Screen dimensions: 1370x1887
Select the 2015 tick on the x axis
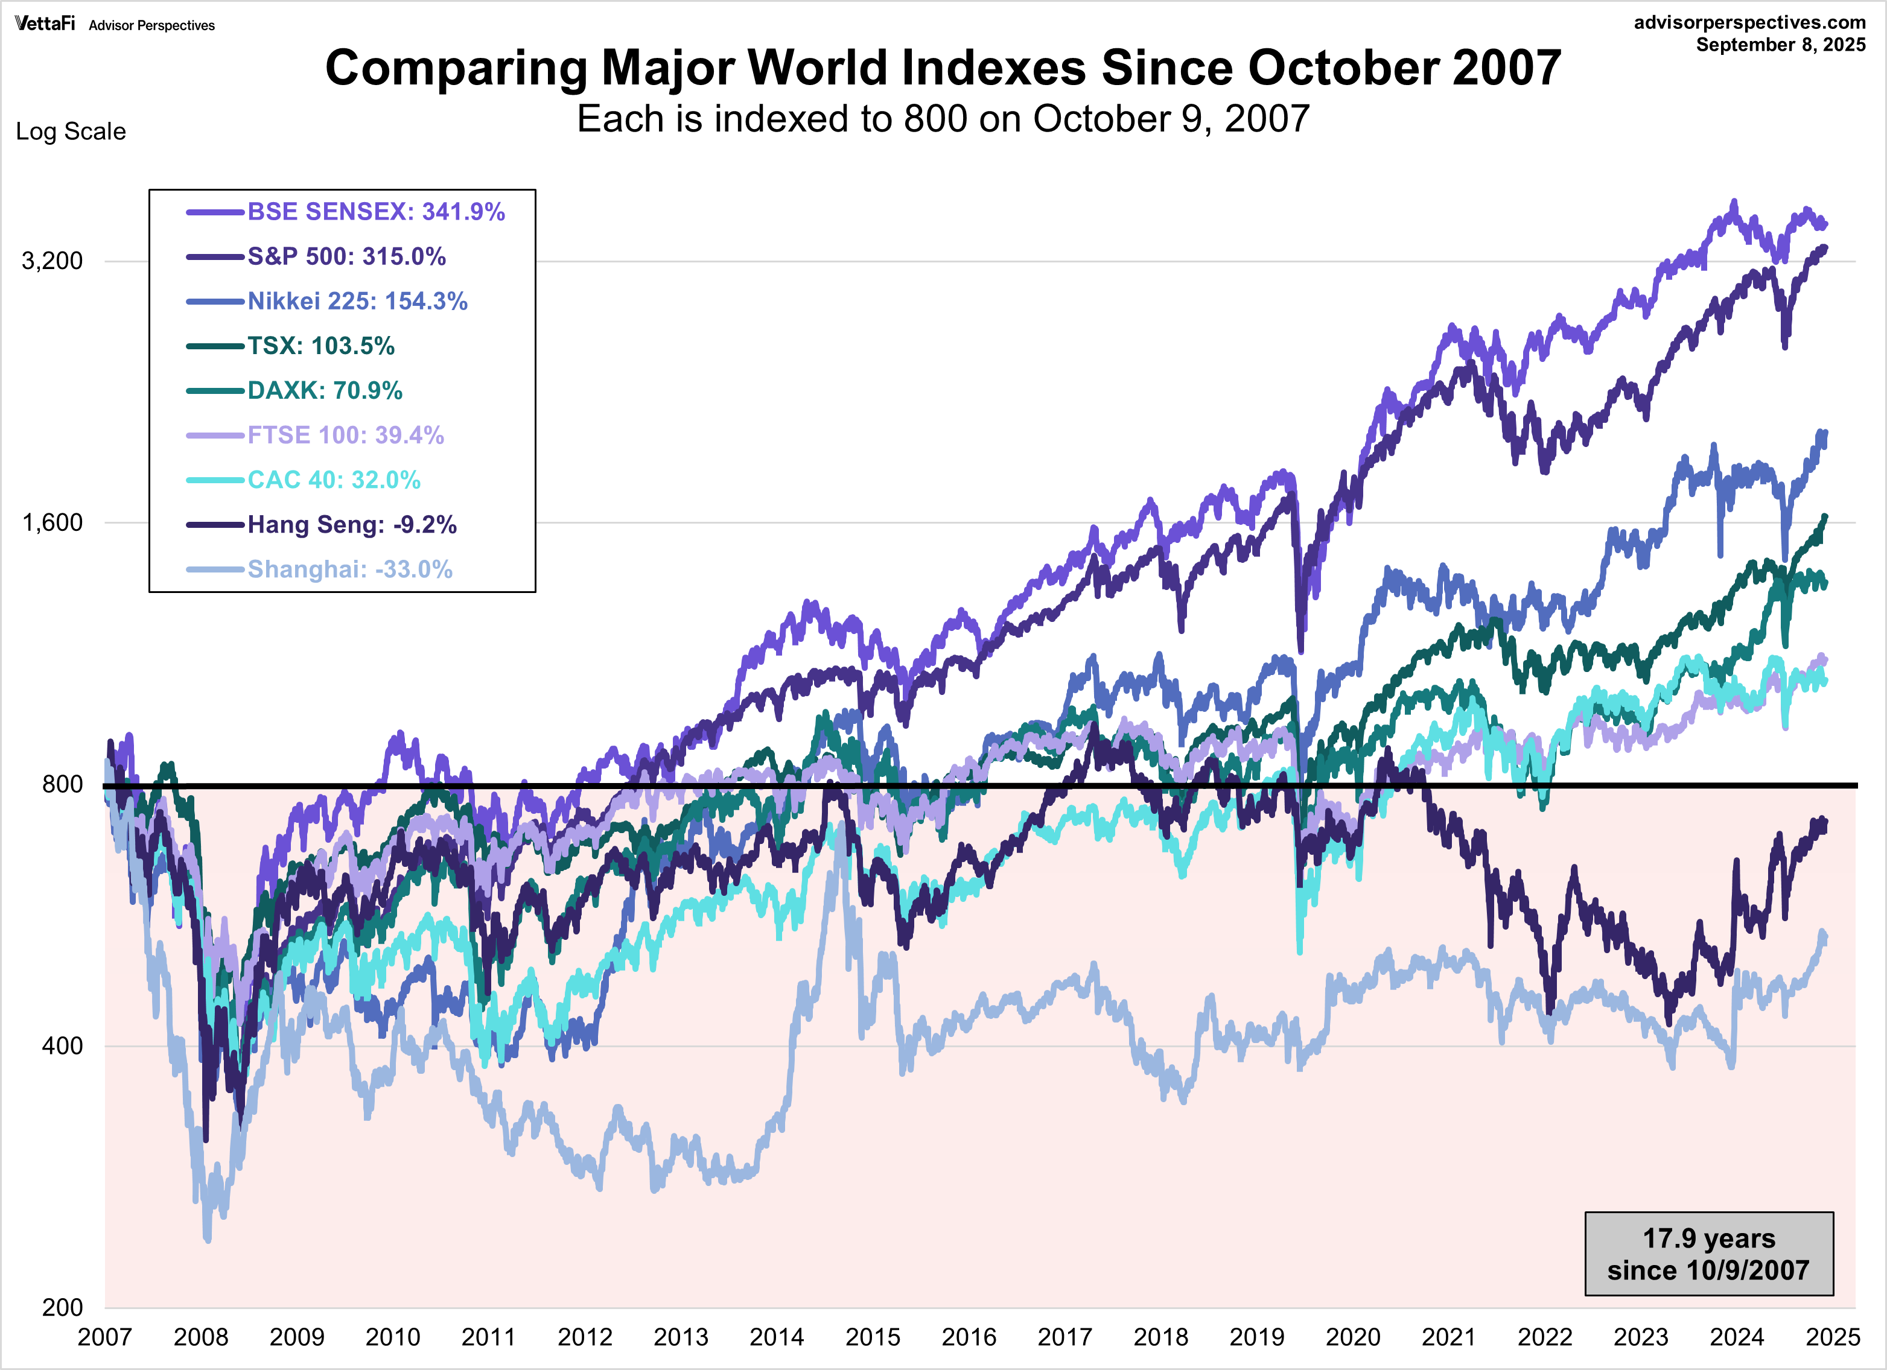(872, 1337)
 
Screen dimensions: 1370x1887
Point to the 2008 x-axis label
(200, 1337)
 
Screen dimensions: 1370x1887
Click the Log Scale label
(71, 132)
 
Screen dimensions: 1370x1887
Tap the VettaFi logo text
(44, 24)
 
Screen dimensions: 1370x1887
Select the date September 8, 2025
(1781, 45)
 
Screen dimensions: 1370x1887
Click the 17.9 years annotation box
(1708, 1254)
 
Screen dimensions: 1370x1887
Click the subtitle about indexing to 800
(943, 119)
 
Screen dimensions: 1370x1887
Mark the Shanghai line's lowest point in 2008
(207, 1240)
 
